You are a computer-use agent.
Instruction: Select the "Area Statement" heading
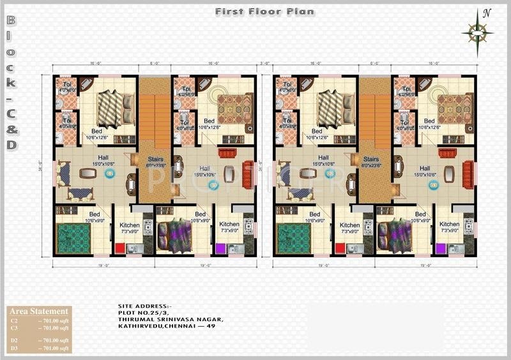(39, 311)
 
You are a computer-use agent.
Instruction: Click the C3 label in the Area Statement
(14, 328)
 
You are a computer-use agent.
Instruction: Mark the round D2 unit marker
(330, 173)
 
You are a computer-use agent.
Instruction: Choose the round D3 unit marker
(434, 186)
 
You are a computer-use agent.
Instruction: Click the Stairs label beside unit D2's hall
(370, 160)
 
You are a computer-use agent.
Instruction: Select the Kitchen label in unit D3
(449, 225)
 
